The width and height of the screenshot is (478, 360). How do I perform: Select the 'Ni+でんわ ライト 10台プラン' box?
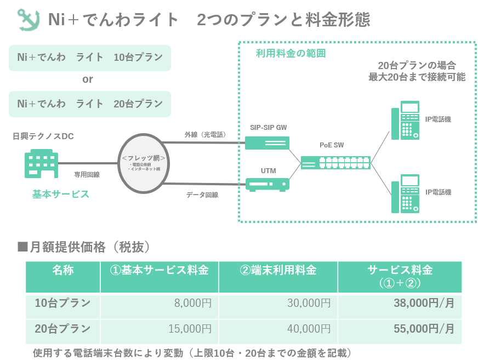pos(90,58)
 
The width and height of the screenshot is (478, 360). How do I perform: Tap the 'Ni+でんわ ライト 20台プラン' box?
pos(90,104)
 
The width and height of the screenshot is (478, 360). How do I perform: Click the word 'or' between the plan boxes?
pos(88,80)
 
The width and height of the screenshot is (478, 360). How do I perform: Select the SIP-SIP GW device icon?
pos(268,143)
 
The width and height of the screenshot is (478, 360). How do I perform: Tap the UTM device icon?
pos(268,184)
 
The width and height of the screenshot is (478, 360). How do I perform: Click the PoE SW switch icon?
pos(335,163)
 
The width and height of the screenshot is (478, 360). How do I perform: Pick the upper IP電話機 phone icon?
pos(405,121)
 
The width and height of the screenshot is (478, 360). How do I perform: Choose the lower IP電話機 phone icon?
pos(405,194)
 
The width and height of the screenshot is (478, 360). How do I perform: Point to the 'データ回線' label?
pos(202,195)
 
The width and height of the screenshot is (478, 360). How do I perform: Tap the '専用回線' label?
pos(87,174)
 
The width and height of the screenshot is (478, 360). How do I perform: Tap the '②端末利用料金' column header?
pos(278,271)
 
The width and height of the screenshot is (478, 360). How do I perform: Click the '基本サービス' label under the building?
pos(60,195)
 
